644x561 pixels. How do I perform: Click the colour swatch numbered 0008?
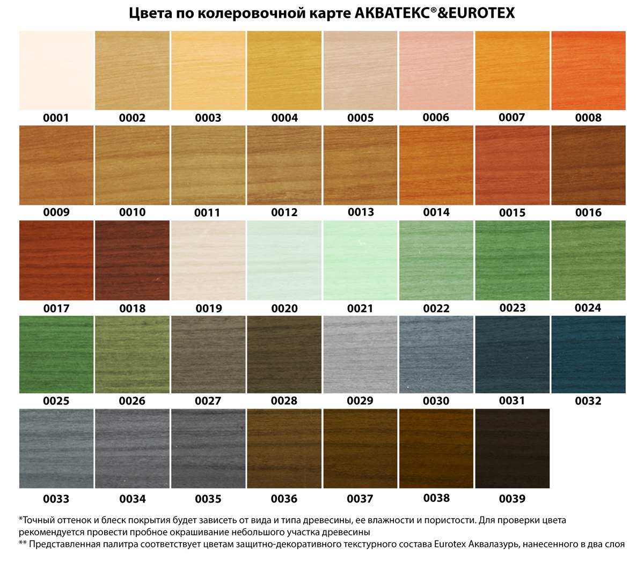click(x=588, y=70)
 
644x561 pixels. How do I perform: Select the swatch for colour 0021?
click(x=360, y=260)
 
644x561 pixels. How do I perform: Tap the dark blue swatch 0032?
click(x=588, y=355)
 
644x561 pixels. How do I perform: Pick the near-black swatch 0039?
click(x=512, y=448)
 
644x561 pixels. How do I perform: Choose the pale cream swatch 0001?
click(x=56, y=70)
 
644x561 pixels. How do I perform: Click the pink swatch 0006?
click(x=436, y=70)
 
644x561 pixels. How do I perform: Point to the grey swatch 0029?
click(x=360, y=355)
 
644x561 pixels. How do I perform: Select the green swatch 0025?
click(x=56, y=355)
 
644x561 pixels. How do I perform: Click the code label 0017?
click(x=56, y=308)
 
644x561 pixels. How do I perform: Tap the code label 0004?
click(x=284, y=118)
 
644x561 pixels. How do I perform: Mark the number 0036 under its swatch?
click(x=284, y=499)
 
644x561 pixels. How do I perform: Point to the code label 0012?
click(x=284, y=212)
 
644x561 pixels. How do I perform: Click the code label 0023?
click(x=512, y=308)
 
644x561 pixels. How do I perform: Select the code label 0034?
click(x=133, y=499)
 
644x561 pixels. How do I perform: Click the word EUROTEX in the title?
click(x=476, y=13)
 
